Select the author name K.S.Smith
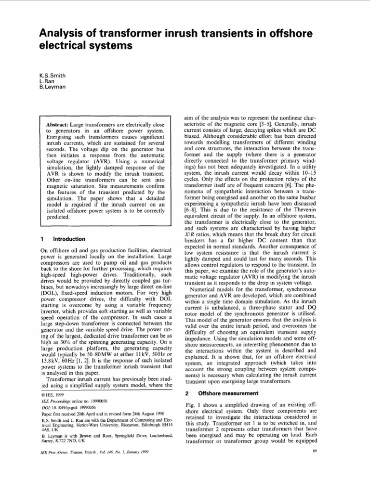[53, 76]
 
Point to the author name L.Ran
[46, 81]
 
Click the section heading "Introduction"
[68, 239]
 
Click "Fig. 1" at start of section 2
[193, 405]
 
